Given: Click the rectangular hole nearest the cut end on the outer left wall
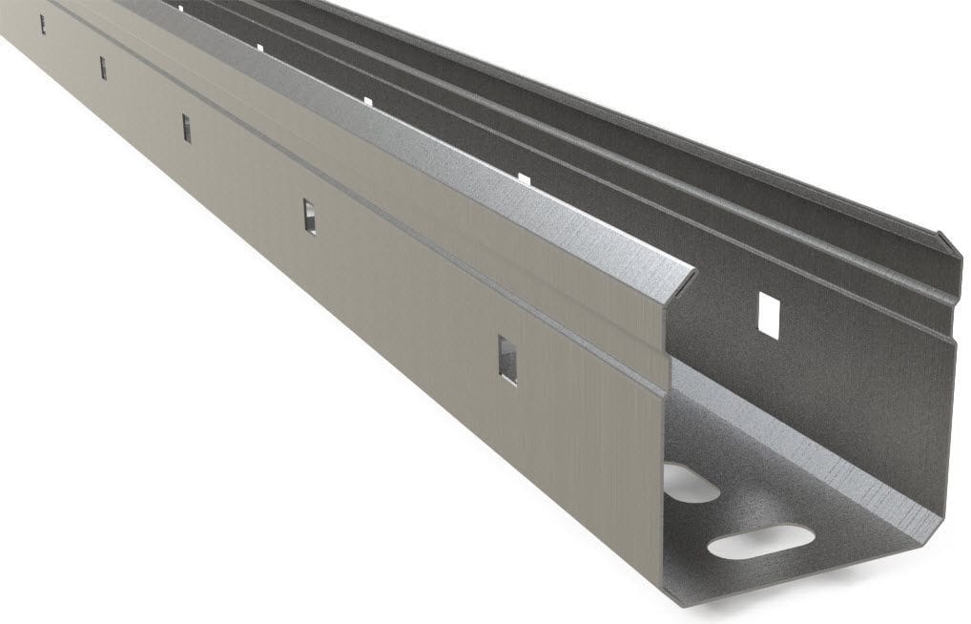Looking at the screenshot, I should [x=507, y=360].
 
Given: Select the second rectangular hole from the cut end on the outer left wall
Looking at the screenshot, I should [x=309, y=216].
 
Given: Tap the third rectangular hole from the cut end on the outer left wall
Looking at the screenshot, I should [x=187, y=128].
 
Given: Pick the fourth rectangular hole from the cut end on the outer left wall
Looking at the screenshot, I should [x=103, y=68].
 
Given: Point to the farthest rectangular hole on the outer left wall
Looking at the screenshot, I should [x=42, y=24].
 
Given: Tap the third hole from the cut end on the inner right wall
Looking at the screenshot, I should [x=367, y=100].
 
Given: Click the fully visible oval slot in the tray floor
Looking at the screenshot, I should [x=760, y=542].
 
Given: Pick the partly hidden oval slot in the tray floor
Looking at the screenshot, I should [x=689, y=484].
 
